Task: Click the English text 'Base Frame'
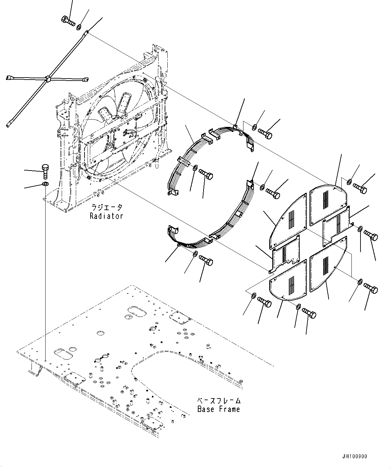[x=218, y=409]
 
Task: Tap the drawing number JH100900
[x=354, y=457]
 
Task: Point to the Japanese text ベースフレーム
[x=218, y=401]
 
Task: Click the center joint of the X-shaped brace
[x=48, y=79]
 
